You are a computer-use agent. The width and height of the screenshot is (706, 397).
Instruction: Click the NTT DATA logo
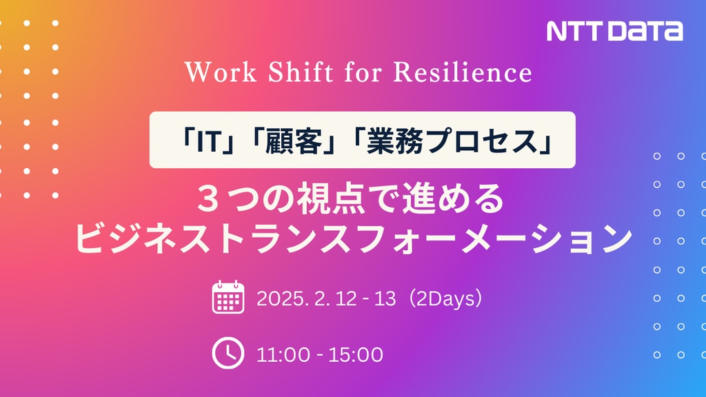tap(614, 31)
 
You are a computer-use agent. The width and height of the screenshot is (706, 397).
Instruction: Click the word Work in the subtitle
tap(221, 72)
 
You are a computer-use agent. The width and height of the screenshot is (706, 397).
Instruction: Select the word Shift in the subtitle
tap(301, 72)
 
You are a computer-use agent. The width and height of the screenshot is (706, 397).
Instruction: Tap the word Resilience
tap(463, 72)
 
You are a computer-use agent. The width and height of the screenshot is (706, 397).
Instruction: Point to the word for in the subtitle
tap(363, 72)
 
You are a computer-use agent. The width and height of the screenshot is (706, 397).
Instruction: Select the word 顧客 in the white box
tap(294, 141)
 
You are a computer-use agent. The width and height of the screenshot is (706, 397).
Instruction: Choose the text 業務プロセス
tap(453, 141)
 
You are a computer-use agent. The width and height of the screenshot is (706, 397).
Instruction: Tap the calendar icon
tap(228, 297)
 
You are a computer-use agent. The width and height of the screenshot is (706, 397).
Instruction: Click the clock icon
tap(228, 353)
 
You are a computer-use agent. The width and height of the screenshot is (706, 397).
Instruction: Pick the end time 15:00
tap(356, 355)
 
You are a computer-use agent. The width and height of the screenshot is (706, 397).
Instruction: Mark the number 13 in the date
tap(385, 298)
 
